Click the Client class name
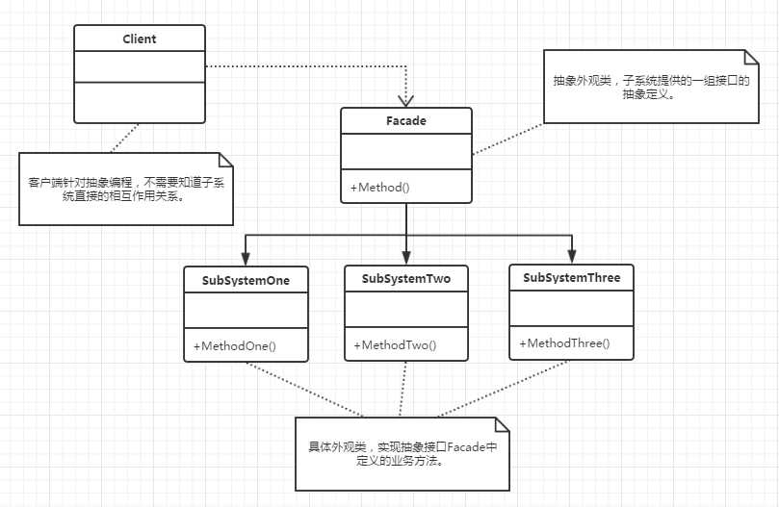point(140,39)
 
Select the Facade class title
point(406,121)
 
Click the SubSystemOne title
point(246,280)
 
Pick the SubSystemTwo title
point(406,279)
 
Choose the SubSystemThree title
point(571,278)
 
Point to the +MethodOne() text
point(234,345)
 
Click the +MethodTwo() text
point(395,345)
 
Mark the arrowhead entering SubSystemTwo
point(406,258)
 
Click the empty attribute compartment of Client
point(140,67)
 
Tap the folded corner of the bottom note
point(499,424)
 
